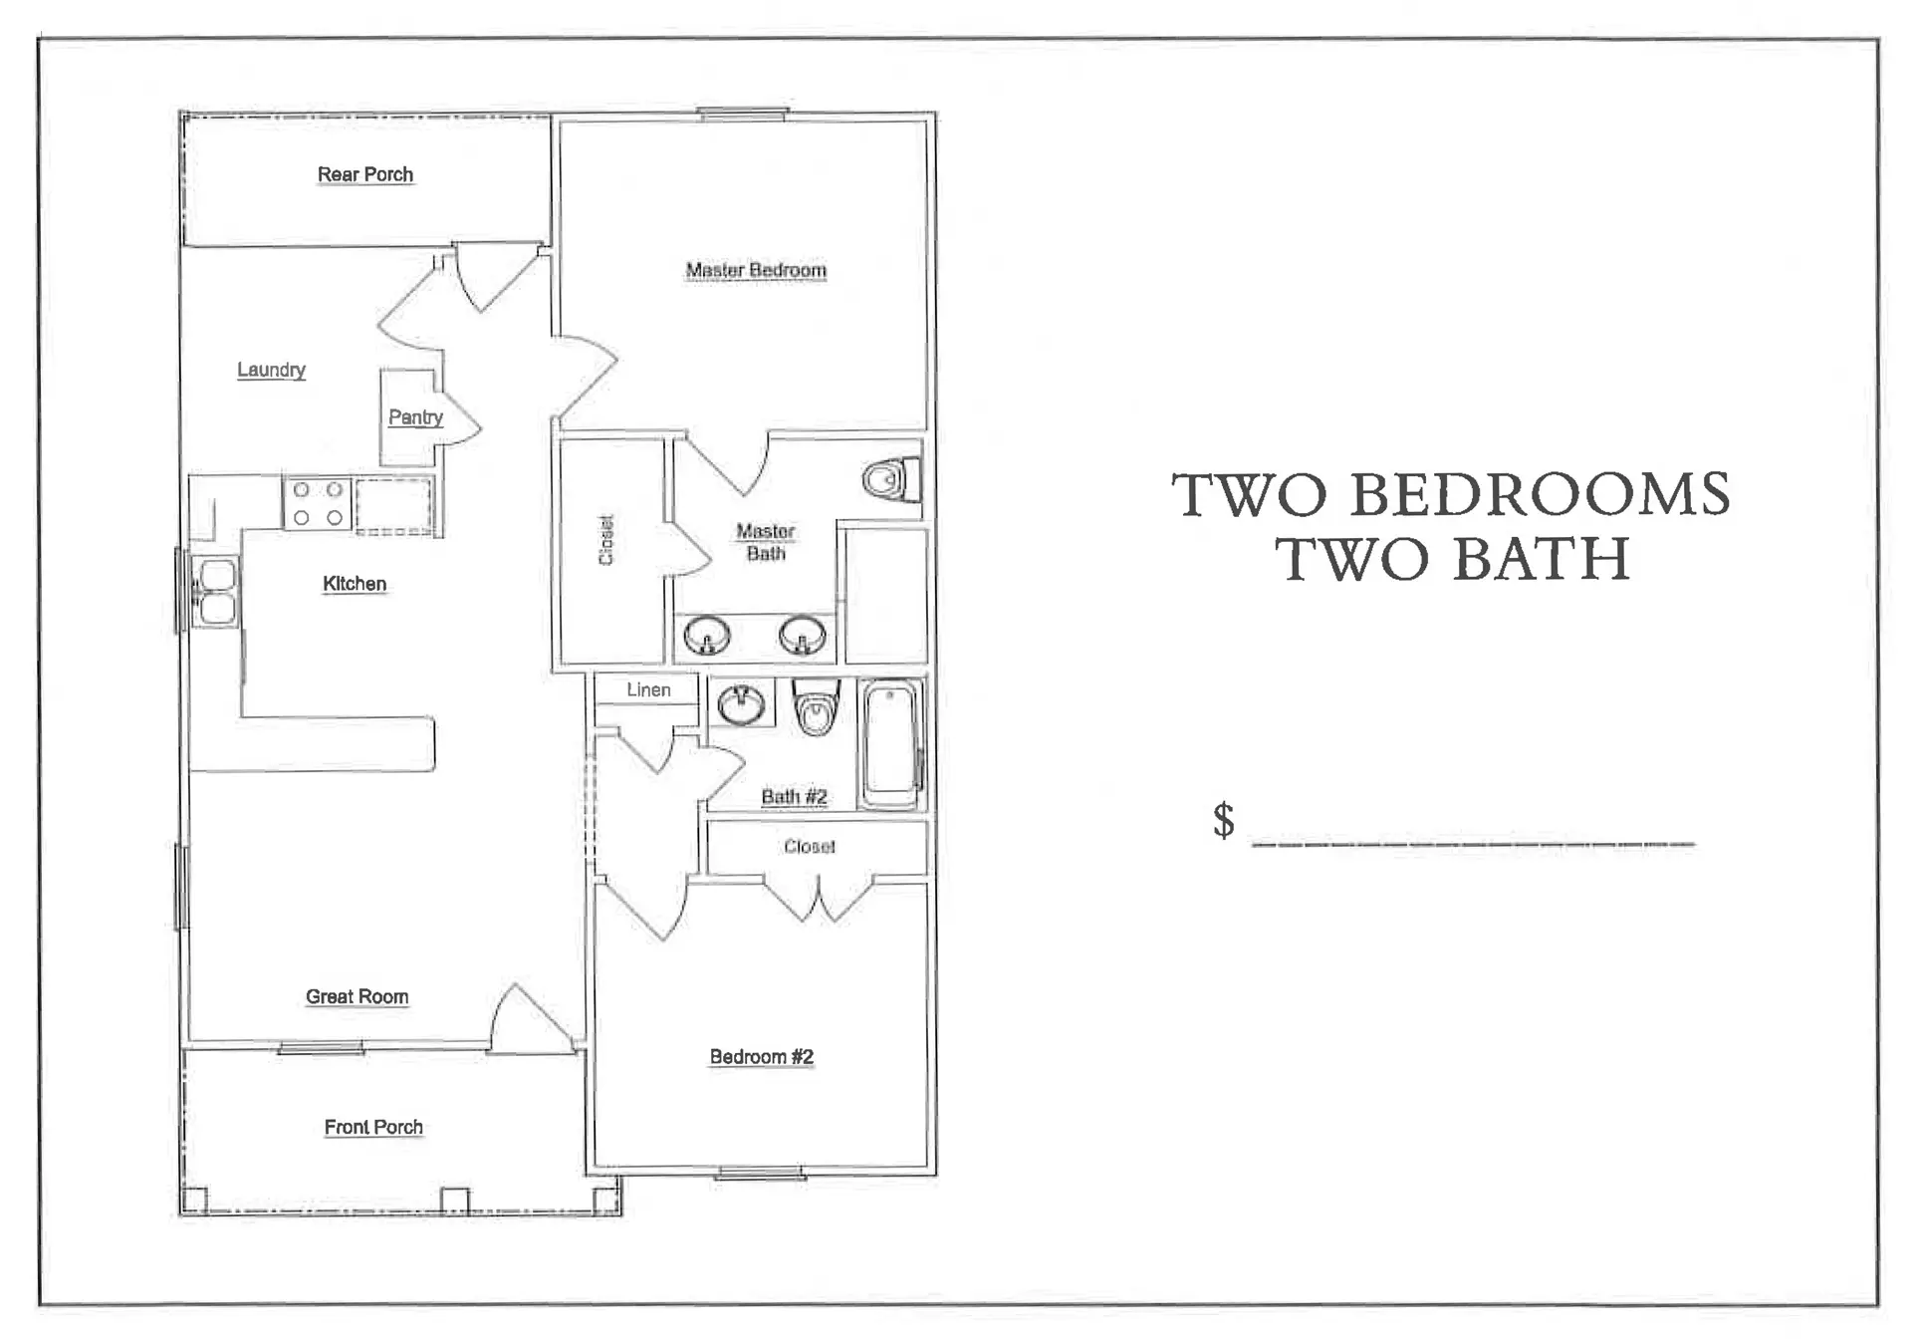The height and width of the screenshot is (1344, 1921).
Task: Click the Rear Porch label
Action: tap(365, 175)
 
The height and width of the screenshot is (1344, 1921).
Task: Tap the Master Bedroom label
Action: tap(756, 270)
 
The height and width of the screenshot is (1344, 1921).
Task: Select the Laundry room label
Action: tap(271, 371)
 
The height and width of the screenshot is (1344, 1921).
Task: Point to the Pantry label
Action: tap(415, 417)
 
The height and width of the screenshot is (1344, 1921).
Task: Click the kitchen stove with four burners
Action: tap(318, 503)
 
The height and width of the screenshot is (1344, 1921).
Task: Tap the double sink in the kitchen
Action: tap(216, 592)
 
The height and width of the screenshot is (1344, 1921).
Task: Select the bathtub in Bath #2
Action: tap(891, 743)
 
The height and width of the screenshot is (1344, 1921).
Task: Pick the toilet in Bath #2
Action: tap(816, 707)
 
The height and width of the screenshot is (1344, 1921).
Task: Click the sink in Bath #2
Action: tap(742, 703)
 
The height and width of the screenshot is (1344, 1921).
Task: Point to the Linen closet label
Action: tap(648, 689)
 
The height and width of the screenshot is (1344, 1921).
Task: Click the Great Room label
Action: tap(357, 997)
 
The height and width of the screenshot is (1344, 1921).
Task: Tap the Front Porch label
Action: tap(373, 1128)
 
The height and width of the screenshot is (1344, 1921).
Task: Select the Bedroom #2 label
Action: tap(762, 1058)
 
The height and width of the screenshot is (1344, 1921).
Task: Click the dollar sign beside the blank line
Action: tap(1224, 820)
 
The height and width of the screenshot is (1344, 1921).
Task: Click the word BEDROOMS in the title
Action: tap(1540, 494)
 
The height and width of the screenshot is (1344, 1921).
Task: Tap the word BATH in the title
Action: tap(1542, 558)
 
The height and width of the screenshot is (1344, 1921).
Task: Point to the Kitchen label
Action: tap(355, 584)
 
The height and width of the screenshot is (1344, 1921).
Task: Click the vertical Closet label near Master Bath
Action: tap(605, 540)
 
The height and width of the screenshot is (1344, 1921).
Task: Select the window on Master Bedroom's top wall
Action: tap(742, 114)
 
